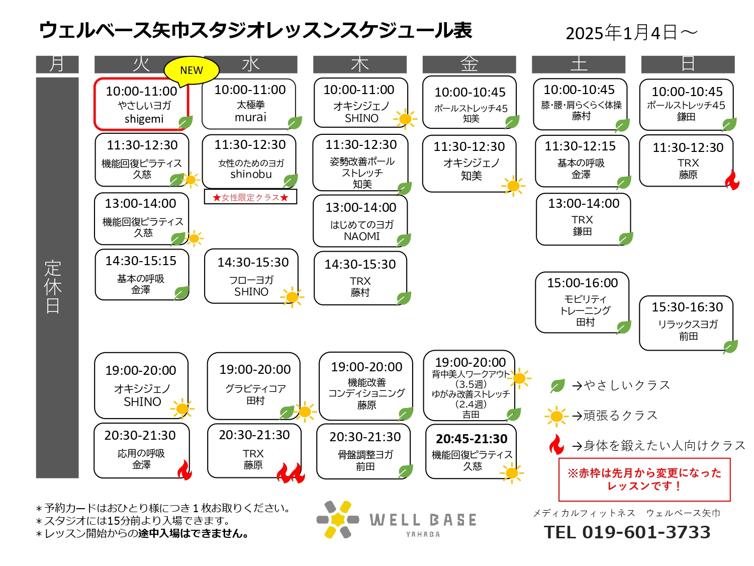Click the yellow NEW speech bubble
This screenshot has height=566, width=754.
[191, 70]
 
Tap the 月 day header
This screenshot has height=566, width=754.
[57, 64]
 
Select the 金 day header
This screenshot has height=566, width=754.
[469, 64]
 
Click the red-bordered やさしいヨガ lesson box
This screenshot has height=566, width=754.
[142, 104]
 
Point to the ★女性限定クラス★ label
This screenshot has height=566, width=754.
[250, 197]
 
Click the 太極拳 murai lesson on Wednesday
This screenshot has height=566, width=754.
[249, 104]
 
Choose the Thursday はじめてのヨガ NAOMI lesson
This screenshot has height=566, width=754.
[360, 221]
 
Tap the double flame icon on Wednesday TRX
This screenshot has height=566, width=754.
[291, 473]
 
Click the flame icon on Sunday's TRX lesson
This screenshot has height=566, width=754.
[732, 180]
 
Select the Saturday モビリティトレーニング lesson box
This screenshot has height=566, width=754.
[582, 302]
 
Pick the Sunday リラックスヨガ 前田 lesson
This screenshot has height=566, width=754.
[686, 323]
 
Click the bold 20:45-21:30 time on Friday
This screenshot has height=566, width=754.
[472, 439]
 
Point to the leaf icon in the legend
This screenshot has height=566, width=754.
[557, 386]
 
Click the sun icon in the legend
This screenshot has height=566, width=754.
[556, 417]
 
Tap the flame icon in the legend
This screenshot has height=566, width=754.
[556, 444]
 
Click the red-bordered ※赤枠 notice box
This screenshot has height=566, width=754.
[644, 479]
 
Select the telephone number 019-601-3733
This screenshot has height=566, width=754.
[646, 532]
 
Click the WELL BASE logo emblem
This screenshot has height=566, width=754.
[338, 519]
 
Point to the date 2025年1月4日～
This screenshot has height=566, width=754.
[631, 33]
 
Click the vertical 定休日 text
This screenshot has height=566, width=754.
[53, 287]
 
